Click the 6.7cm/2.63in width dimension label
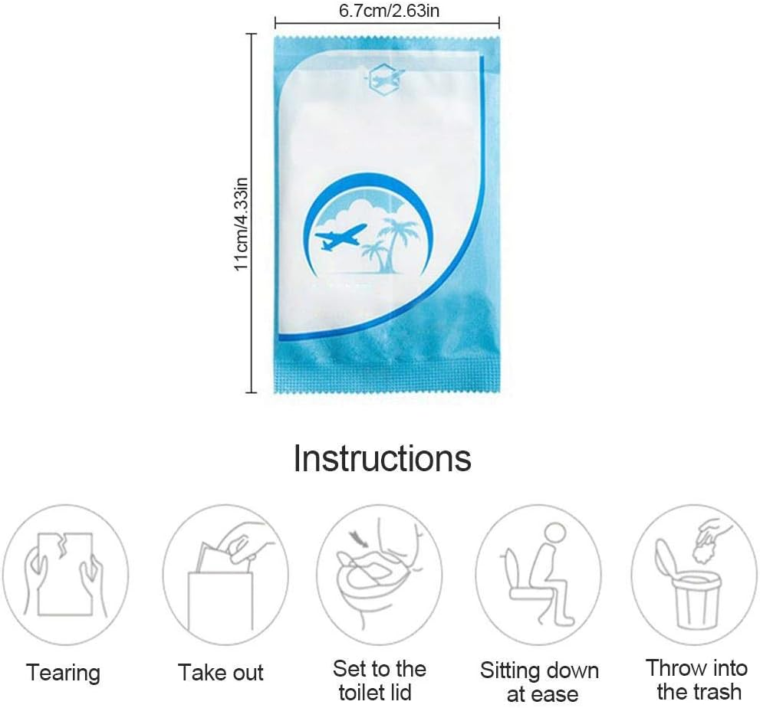click(x=387, y=11)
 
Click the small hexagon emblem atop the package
click(x=386, y=77)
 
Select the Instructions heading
click(x=382, y=458)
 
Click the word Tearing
click(x=64, y=674)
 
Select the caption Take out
click(x=221, y=674)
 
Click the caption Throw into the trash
click(x=696, y=679)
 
